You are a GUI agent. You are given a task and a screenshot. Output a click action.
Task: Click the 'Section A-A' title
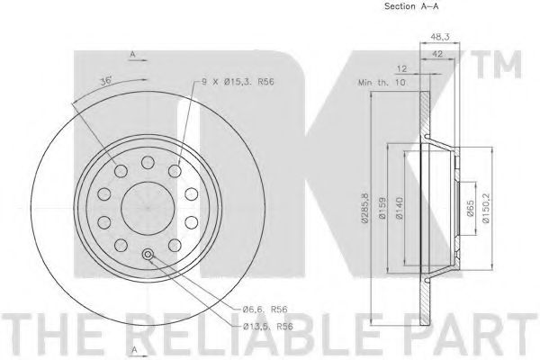pyautogui.click(x=411, y=6)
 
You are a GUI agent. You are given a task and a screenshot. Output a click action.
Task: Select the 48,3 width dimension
pyautogui.click(x=440, y=37)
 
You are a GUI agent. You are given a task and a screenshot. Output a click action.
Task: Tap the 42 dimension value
pyautogui.click(x=437, y=53)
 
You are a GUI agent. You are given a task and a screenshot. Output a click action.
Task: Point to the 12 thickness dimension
pyautogui.click(x=401, y=69)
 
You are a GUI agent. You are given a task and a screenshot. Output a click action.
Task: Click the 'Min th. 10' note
pyautogui.click(x=382, y=83)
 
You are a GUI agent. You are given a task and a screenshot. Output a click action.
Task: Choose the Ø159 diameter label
pyautogui.click(x=382, y=208)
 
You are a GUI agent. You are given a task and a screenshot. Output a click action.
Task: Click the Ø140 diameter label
pyautogui.click(x=399, y=208)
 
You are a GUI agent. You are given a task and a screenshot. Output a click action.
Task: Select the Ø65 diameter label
pyautogui.click(x=471, y=209)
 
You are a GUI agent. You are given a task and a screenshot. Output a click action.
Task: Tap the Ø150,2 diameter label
pyautogui.click(x=486, y=208)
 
